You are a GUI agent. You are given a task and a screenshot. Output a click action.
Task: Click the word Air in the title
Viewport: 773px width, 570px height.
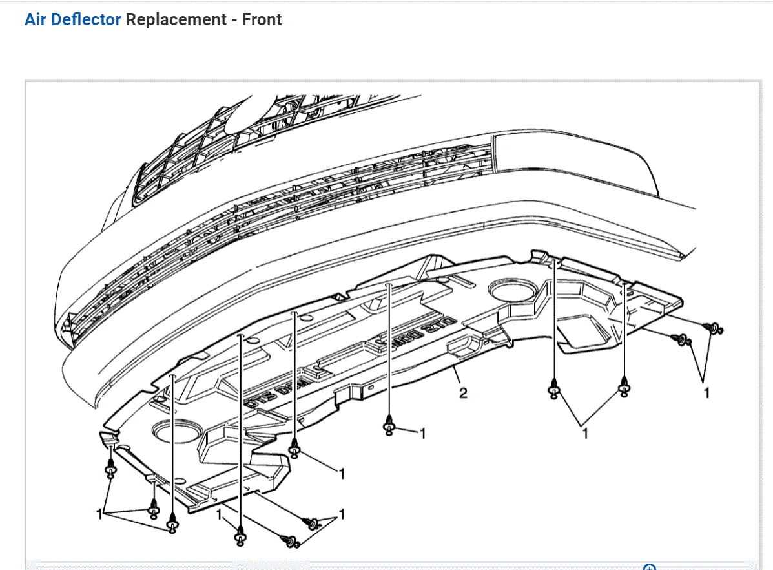coord(36,19)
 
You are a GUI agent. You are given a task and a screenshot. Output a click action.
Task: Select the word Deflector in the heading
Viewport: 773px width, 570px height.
coord(86,19)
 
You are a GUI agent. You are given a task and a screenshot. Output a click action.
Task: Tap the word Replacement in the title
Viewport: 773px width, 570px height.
coord(176,19)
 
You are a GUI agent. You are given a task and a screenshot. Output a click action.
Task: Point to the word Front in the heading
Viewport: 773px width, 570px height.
coord(262,19)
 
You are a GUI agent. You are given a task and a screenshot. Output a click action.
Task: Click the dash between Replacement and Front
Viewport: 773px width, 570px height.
coord(234,20)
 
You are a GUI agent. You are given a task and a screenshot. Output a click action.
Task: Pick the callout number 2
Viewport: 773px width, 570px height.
coord(463,392)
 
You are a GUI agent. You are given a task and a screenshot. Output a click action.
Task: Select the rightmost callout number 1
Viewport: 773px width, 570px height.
coord(706,392)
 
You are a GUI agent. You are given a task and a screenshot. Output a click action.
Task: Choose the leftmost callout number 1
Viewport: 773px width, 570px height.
coord(99,514)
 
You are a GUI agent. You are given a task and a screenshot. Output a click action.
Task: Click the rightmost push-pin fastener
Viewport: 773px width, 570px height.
coord(714,329)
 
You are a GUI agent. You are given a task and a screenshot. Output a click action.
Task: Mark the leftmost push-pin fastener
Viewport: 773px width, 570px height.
coord(110,470)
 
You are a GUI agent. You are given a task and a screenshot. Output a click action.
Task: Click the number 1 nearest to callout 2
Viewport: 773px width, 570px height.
coord(422,433)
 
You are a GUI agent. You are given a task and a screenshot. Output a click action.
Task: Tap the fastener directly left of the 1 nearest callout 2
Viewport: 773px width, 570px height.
coord(389,427)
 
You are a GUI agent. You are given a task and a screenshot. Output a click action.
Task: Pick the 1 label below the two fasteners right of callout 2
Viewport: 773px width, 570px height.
coord(586,434)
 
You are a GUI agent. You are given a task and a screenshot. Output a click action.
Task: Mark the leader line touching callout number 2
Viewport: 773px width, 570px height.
coord(456,374)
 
